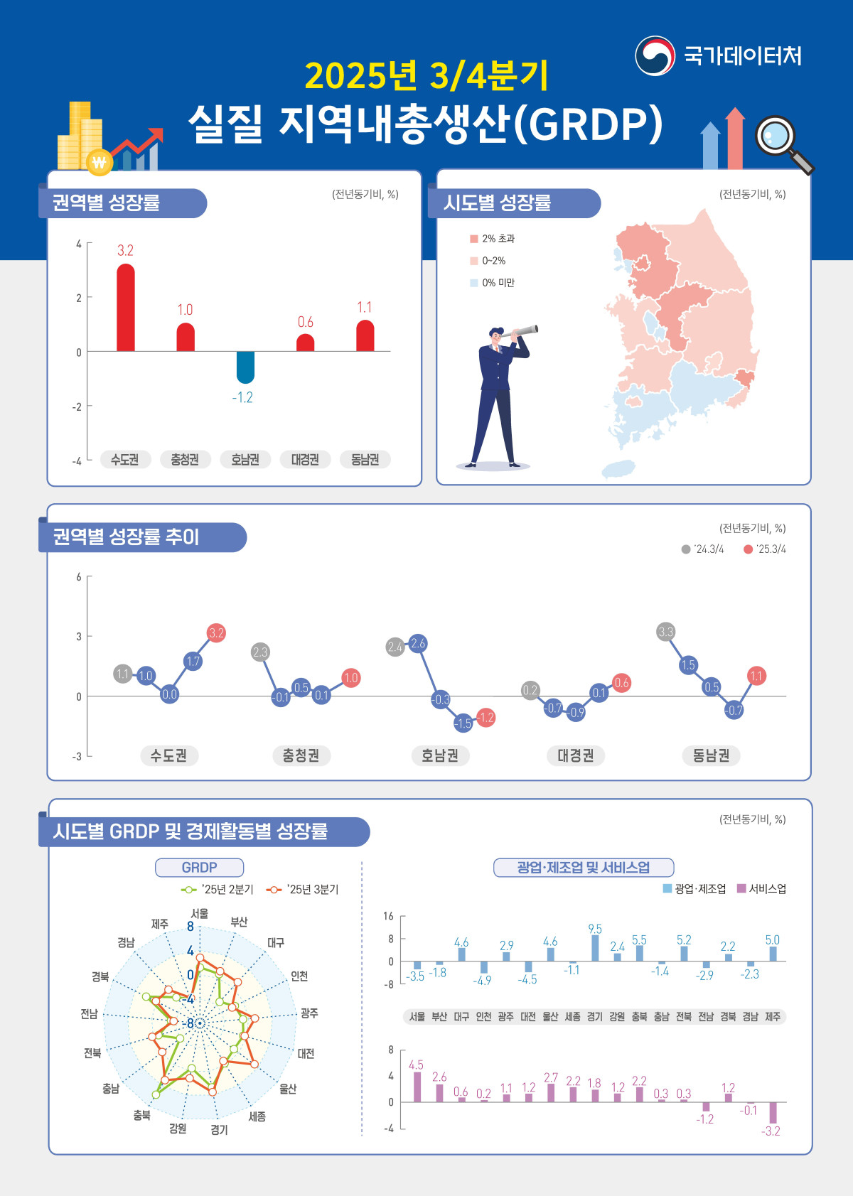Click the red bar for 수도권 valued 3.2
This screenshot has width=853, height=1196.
126,308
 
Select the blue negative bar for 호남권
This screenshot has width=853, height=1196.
245,367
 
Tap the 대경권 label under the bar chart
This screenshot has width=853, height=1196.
305,460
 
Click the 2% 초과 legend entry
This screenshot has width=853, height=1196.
493,239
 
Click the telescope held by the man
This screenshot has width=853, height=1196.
522,330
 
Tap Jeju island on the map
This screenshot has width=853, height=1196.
618,468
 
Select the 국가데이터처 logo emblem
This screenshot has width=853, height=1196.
655,55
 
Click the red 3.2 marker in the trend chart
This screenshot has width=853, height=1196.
216,632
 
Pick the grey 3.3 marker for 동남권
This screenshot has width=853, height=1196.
665,632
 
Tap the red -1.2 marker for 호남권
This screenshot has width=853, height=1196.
485,718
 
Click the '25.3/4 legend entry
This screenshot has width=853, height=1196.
764,549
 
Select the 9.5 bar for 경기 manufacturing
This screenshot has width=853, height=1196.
595,948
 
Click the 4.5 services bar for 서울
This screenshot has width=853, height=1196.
417,1087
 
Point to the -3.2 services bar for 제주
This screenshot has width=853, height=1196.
773,1112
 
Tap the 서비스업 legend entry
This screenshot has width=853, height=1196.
761,889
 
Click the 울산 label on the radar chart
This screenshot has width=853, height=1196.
288,1089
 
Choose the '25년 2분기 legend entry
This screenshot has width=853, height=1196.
218,890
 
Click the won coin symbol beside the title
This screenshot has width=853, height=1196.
99,163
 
